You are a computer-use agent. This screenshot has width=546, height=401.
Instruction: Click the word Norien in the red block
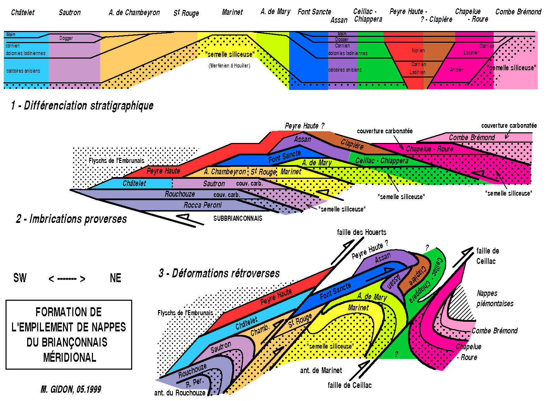[x=418, y=51]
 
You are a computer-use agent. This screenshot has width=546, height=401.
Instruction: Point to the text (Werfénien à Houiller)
[x=229, y=66]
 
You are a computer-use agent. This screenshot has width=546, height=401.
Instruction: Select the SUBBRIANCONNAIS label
[x=238, y=218]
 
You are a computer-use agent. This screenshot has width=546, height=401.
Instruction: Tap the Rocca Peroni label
[x=202, y=205]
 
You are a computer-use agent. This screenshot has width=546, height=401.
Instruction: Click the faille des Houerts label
[x=361, y=232]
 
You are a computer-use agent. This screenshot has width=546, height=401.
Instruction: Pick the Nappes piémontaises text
[x=495, y=298]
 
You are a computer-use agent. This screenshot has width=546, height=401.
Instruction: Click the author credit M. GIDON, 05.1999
[x=71, y=389]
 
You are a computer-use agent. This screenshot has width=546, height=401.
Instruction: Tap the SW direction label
[x=20, y=278]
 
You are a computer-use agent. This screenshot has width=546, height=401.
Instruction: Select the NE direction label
[x=115, y=278]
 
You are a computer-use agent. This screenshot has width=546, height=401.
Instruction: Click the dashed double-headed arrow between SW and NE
[x=67, y=279]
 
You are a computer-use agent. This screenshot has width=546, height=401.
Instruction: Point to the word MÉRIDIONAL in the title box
[x=70, y=357]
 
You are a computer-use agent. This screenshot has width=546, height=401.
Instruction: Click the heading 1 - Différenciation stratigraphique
[x=82, y=105]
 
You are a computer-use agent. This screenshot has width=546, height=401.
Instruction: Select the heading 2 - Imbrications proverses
[x=71, y=219]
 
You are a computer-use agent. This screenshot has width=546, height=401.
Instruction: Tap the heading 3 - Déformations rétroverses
[x=219, y=273]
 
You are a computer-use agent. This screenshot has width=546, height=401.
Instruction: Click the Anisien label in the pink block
[x=456, y=70]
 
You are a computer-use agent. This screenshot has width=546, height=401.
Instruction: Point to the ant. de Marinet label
[x=321, y=370]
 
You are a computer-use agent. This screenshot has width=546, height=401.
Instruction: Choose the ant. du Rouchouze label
[x=180, y=393]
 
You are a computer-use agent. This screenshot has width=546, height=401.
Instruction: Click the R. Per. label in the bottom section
[x=194, y=382]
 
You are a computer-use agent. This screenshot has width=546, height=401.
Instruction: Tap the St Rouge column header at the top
[x=186, y=13]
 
